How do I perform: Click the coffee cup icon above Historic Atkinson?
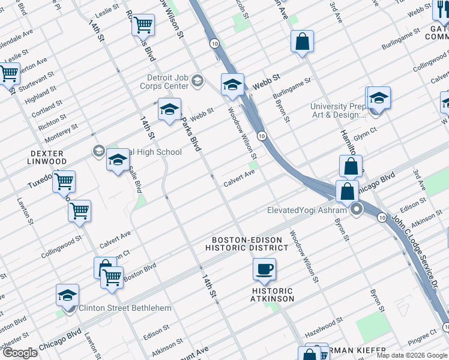[x=264, y=269]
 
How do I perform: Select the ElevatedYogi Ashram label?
[x=306, y=210]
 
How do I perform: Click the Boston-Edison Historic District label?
[x=246, y=243]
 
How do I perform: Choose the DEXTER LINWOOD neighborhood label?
[x=47, y=157]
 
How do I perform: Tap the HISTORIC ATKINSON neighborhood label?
[x=273, y=294]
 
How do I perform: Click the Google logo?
[x=20, y=352]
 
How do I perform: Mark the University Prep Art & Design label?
[x=337, y=110]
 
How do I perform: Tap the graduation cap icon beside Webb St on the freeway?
[x=232, y=85]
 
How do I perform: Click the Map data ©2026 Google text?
[x=411, y=355]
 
